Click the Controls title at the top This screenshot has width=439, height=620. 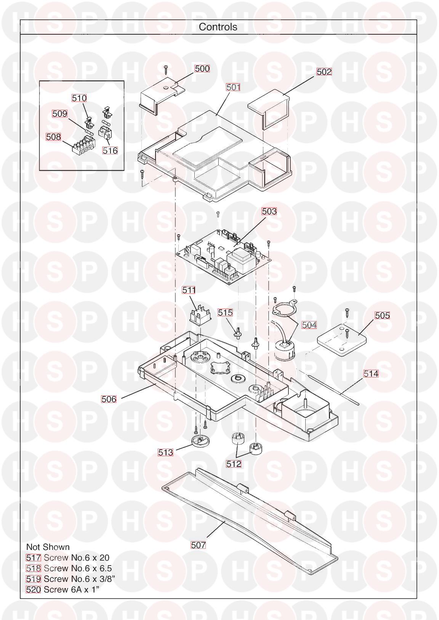click(x=218, y=27)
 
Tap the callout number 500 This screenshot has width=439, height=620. click(x=202, y=69)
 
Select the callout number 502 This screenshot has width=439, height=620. click(x=324, y=72)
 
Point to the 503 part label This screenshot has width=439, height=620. click(x=269, y=211)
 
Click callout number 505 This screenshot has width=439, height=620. click(x=382, y=316)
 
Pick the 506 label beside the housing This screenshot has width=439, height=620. click(x=109, y=399)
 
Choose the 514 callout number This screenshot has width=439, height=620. click(x=371, y=374)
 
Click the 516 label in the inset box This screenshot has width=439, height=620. click(x=110, y=150)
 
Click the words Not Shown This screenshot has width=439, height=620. click(x=48, y=547)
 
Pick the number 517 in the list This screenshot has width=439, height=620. click(x=34, y=558)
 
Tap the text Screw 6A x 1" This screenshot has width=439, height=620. click(x=71, y=590)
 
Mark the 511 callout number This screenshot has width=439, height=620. click(x=189, y=290)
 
